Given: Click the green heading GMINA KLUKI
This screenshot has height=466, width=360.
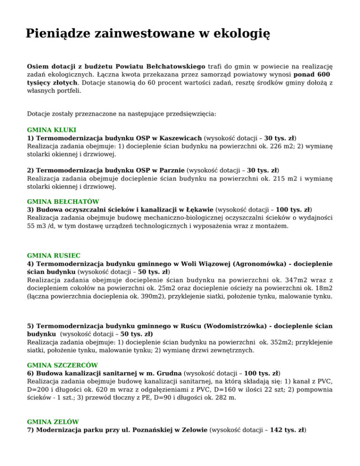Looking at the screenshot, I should pyautogui.click(x=52, y=129).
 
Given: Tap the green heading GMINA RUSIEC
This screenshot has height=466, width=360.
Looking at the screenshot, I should pyautogui.click(x=54, y=256).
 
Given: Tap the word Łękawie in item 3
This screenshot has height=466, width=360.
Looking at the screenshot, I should pyautogui.click(x=202, y=210).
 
